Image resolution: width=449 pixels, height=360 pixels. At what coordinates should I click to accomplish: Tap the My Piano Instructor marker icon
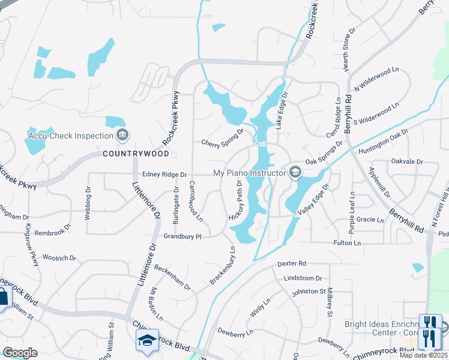click(295, 173)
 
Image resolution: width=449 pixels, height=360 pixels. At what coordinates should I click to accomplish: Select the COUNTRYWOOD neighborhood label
click(136, 154)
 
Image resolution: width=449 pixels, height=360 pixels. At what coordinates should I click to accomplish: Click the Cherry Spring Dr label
click(223, 139)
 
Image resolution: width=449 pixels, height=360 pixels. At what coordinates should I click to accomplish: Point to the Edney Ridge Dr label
click(164, 175)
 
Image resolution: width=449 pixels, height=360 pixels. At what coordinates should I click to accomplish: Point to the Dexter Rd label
click(292, 263)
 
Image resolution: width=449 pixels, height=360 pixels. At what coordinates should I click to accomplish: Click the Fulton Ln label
click(348, 243)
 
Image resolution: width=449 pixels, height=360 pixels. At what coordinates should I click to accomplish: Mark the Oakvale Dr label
click(407, 161)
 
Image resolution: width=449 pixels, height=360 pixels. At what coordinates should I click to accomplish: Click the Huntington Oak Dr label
click(384, 142)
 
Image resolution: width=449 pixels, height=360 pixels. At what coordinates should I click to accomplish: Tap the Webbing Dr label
click(88, 204)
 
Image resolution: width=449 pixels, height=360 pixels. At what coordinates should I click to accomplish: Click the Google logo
click(20, 353)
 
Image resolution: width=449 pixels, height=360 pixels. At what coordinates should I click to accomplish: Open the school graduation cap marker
click(147, 340)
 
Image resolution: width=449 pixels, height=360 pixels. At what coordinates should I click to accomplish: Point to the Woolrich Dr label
click(59, 258)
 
